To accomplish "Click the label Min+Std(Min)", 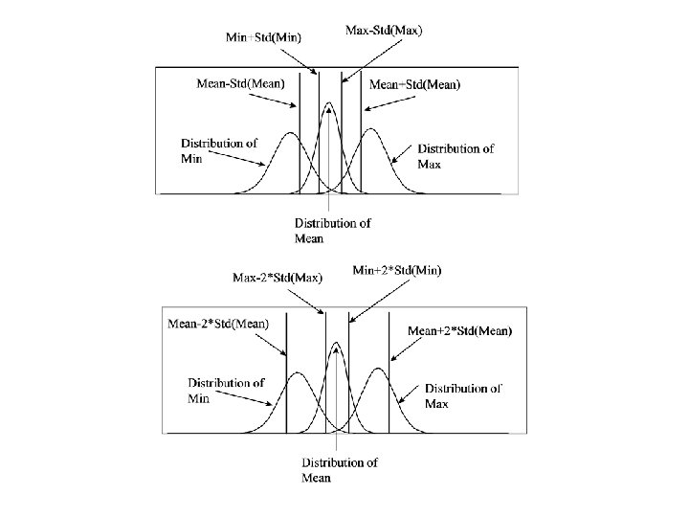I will point(264,37).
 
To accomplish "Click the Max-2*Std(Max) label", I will point(278,278).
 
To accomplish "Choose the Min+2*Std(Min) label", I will point(398,270).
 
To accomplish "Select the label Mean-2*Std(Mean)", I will point(219,324).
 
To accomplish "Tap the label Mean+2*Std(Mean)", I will point(460,330).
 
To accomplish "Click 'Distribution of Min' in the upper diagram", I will point(219,150).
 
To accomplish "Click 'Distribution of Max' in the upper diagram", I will point(456,156).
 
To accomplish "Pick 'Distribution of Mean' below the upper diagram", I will point(332,231).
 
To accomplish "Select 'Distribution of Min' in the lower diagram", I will point(226,391).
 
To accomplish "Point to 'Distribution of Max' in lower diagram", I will point(463,396).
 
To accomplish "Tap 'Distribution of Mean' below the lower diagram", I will point(340,470).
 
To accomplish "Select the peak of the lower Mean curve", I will point(336,343).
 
